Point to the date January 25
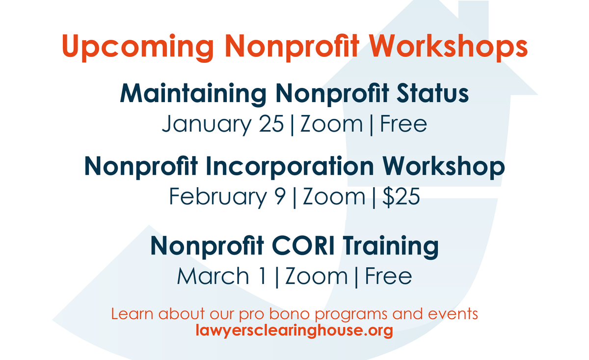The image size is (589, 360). pyautogui.click(x=223, y=124)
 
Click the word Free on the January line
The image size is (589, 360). pyautogui.click(x=403, y=124)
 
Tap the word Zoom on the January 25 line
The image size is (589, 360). pyautogui.click(x=331, y=124)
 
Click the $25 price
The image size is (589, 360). pyautogui.click(x=401, y=196)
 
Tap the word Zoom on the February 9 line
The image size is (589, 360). pyautogui.click(x=334, y=196)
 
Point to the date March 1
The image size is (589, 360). pyautogui.click(x=222, y=276)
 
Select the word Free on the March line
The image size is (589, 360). pyautogui.click(x=388, y=276)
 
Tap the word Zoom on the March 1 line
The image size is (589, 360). pyautogui.click(x=317, y=276)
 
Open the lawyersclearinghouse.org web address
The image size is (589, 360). pyautogui.click(x=294, y=330)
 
